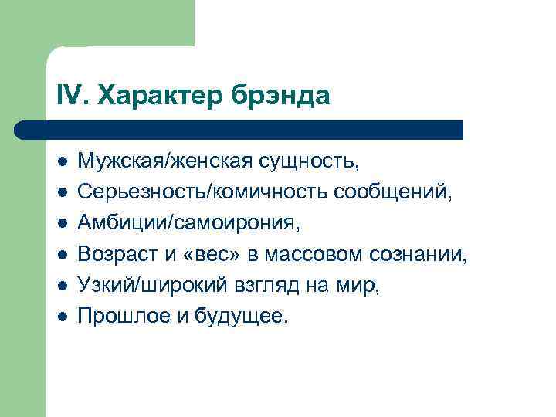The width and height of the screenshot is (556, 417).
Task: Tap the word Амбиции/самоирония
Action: (188, 224)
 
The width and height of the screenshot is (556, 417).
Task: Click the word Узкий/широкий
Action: (151, 285)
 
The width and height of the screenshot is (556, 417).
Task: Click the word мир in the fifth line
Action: (362, 285)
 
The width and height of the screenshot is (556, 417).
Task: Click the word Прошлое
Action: (120, 315)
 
